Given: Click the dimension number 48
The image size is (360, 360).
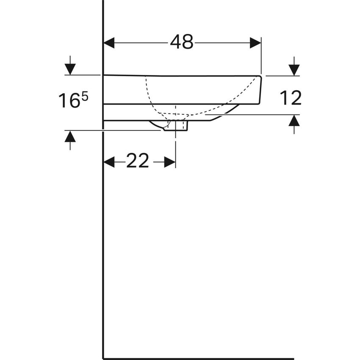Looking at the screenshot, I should click(182, 42).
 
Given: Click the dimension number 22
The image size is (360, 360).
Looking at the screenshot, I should click(138, 161).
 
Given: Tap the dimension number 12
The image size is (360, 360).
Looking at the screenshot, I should click(291, 98).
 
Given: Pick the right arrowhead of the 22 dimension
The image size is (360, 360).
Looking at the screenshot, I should click(170, 162).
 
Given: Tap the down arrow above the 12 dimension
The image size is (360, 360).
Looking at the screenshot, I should click(294, 69).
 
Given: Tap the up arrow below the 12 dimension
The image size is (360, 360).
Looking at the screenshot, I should click(294, 122).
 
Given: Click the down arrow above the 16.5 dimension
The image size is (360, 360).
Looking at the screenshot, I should click(70, 68).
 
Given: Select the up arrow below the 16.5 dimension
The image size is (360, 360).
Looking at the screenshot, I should click(70, 137).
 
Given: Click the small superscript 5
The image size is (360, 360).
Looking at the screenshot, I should click(85, 97).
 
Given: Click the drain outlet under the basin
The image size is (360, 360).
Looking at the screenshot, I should click(176, 125).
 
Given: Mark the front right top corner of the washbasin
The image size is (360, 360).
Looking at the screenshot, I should click(260, 76).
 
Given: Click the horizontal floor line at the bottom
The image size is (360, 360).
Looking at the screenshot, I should click(199, 358).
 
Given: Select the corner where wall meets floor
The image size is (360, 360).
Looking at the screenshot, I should click(104, 358).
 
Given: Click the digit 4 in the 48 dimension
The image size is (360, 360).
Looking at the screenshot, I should click(176, 42).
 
